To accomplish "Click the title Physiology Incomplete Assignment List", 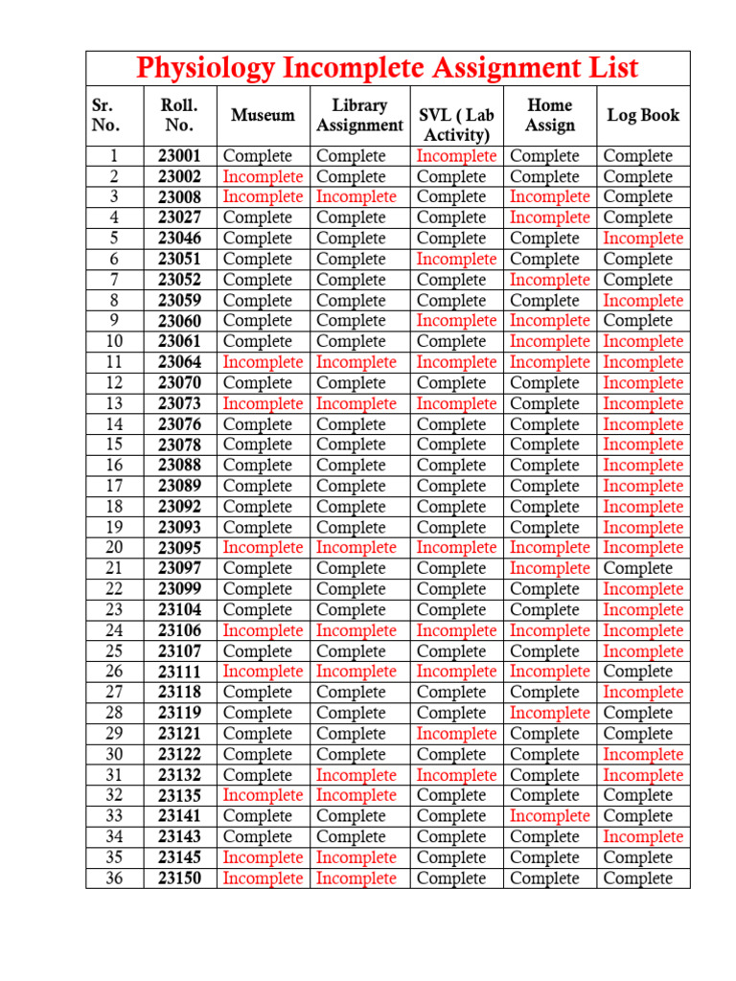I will point(387,69).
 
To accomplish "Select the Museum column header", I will point(263,115).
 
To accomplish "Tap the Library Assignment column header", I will point(359,115).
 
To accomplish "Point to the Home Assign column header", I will point(549,115).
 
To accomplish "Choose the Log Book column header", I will point(643,115).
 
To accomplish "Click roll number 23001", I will point(180,156).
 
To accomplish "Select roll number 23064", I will point(180,362).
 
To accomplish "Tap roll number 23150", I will point(180,878).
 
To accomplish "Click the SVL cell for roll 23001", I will point(456,156).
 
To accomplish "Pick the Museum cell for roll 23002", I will point(263,176).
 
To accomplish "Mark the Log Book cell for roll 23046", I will point(643,239).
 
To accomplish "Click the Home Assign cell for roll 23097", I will point(549,568).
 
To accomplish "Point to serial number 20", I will point(114,548).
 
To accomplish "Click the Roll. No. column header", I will point(180,115).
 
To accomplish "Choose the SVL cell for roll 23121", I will point(456,734).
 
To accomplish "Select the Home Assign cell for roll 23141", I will point(549,816).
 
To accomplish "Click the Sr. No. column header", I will point(105,115).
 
